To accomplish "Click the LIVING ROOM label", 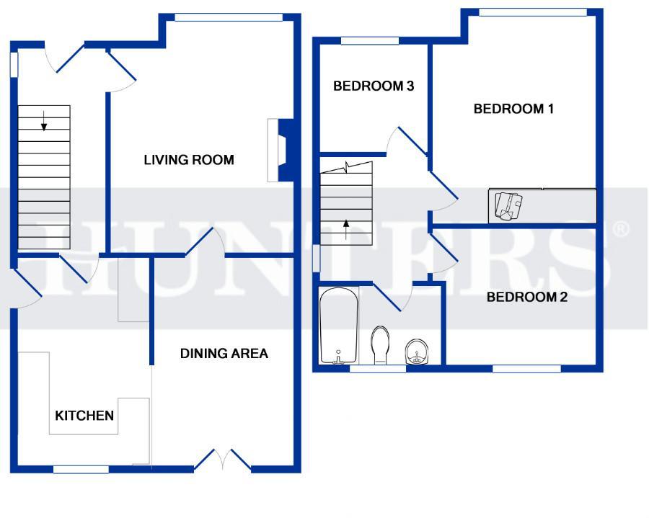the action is click(189, 160).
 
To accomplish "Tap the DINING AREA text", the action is click(224, 354).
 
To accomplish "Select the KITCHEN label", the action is click(84, 416).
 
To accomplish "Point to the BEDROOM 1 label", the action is click(513, 109).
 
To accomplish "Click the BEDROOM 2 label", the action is click(527, 297).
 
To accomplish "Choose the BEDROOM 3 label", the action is click(374, 86).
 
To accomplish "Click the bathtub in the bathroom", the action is click(339, 326).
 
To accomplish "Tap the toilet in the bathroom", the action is click(381, 345).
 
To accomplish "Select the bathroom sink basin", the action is click(417, 352).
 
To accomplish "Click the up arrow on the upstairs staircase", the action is click(346, 230).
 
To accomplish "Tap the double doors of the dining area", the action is click(223, 460).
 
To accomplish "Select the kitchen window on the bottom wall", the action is click(81, 469).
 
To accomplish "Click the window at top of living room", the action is click(229, 17).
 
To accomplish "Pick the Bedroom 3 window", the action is click(370, 40).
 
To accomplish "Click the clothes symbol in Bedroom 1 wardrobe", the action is click(508, 206).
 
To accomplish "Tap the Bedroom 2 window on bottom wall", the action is click(526, 368).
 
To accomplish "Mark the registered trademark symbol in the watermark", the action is click(620, 229).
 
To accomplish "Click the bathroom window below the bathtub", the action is click(378, 368).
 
